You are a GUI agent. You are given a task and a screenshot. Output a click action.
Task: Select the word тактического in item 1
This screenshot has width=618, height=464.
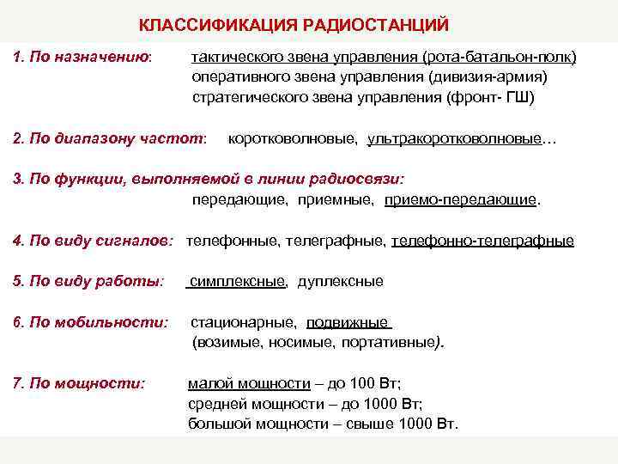click(234, 57)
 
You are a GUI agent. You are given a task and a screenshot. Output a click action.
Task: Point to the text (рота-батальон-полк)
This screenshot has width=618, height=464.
click(498, 57)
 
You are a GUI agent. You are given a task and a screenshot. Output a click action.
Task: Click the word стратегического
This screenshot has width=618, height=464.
click(246, 97)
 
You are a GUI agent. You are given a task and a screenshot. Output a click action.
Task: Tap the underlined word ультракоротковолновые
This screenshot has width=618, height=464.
click(455, 138)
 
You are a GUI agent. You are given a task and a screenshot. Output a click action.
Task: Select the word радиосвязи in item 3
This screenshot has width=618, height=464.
click(363, 180)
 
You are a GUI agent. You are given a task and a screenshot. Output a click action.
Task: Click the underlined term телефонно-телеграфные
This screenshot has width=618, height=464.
click(482, 241)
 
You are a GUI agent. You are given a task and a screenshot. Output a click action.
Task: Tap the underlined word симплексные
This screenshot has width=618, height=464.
click(239, 282)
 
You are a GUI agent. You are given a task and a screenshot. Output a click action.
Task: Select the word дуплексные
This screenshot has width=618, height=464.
click(341, 282)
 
